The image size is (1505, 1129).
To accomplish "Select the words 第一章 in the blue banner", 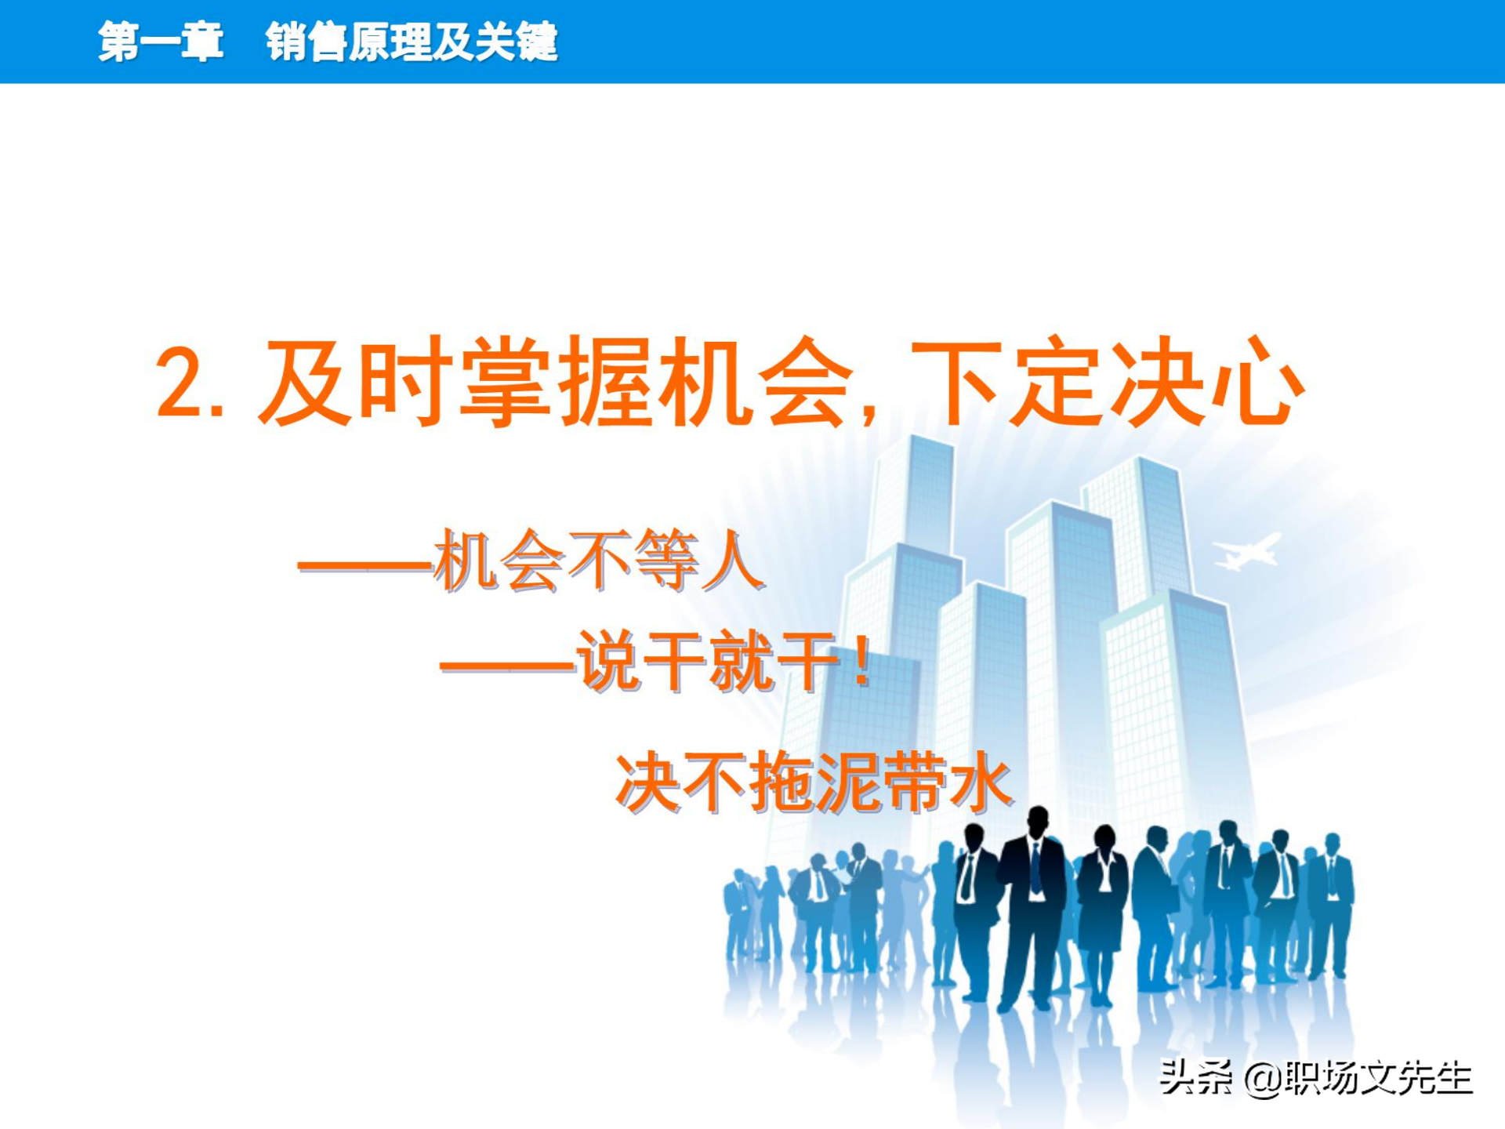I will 161,41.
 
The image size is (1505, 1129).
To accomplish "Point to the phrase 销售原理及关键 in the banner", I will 412,41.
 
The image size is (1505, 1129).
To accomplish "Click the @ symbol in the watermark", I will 1262,1079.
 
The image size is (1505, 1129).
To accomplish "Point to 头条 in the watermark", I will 1195,1077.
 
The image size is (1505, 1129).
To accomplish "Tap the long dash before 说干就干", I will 507,667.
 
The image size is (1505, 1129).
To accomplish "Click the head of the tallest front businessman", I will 1037,821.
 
